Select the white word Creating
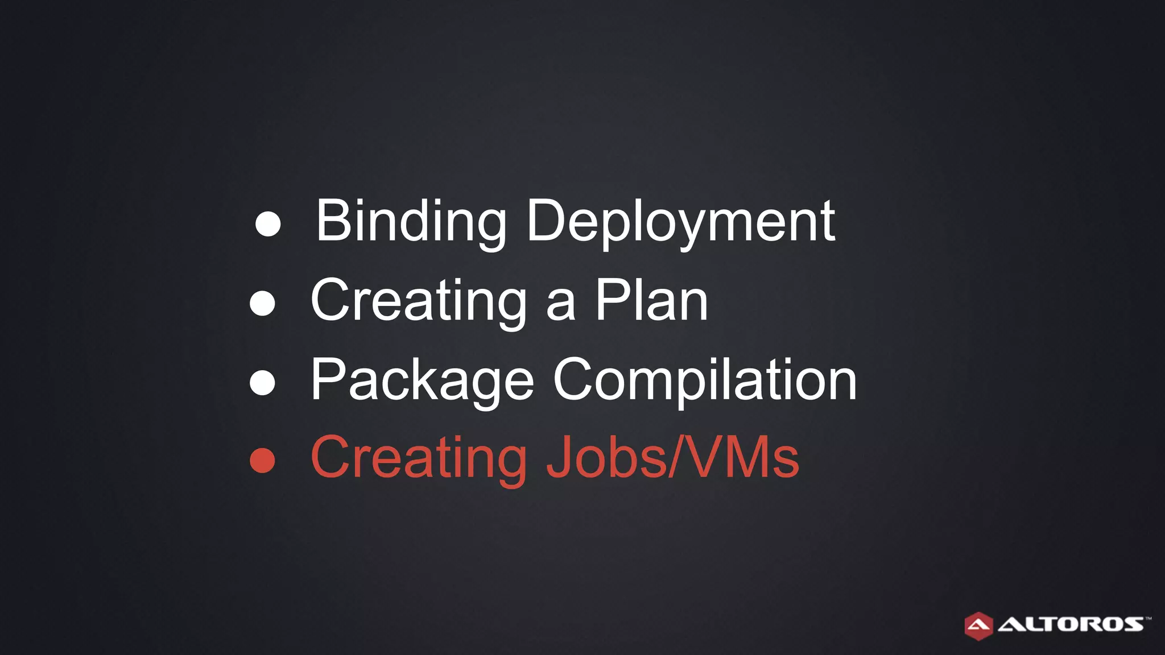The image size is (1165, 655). pyautogui.click(x=419, y=301)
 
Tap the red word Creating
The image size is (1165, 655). pyautogui.click(x=419, y=459)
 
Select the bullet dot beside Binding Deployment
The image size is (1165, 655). pyautogui.click(x=268, y=224)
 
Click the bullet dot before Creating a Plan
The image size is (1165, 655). pyautogui.click(x=262, y=303)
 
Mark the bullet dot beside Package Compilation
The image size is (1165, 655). pyautogui.click(x=262, y=383)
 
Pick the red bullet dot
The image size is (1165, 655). pyautogui.click(x=262, y=461)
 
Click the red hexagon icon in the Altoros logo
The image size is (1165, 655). pyautogui.click(x=978, y=626)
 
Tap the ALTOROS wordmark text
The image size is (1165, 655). pyautogui.click(x=1071, y=624)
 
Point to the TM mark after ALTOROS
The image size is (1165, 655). pyautogui.click(x=1149, y=617)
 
